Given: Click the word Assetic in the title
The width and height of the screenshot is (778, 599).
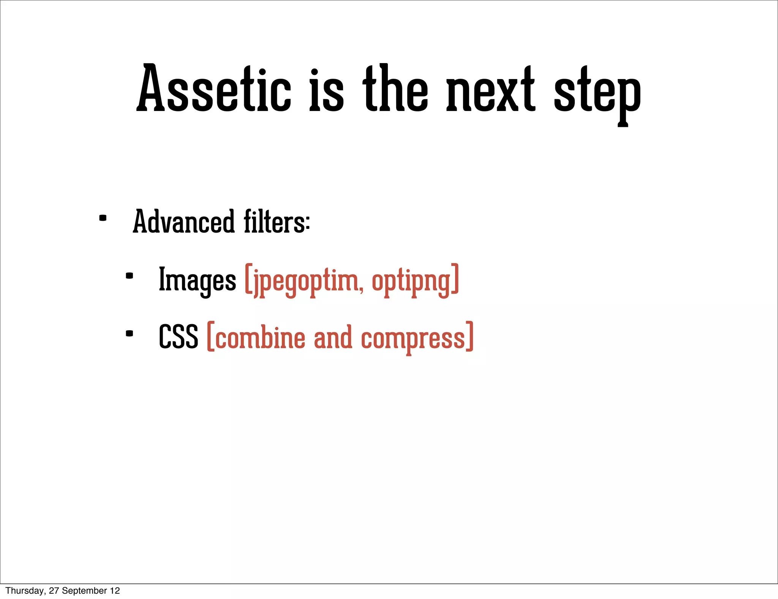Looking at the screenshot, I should click(214, 89).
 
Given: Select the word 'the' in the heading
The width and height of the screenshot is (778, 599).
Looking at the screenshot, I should click(395, 89).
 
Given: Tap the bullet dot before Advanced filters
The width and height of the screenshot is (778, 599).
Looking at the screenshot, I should click(103, 218).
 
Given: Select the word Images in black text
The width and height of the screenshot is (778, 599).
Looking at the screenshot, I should click(197, 280).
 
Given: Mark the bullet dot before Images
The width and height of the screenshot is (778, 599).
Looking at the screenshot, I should click(130, 276).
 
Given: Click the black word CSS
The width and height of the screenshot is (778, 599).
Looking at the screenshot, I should click(179, 337).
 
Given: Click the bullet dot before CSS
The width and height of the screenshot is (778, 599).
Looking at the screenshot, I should click(130, 334).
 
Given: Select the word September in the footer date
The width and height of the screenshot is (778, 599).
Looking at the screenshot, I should click(85, 591).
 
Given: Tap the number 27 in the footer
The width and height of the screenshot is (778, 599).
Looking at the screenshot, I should click(54, 591).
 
